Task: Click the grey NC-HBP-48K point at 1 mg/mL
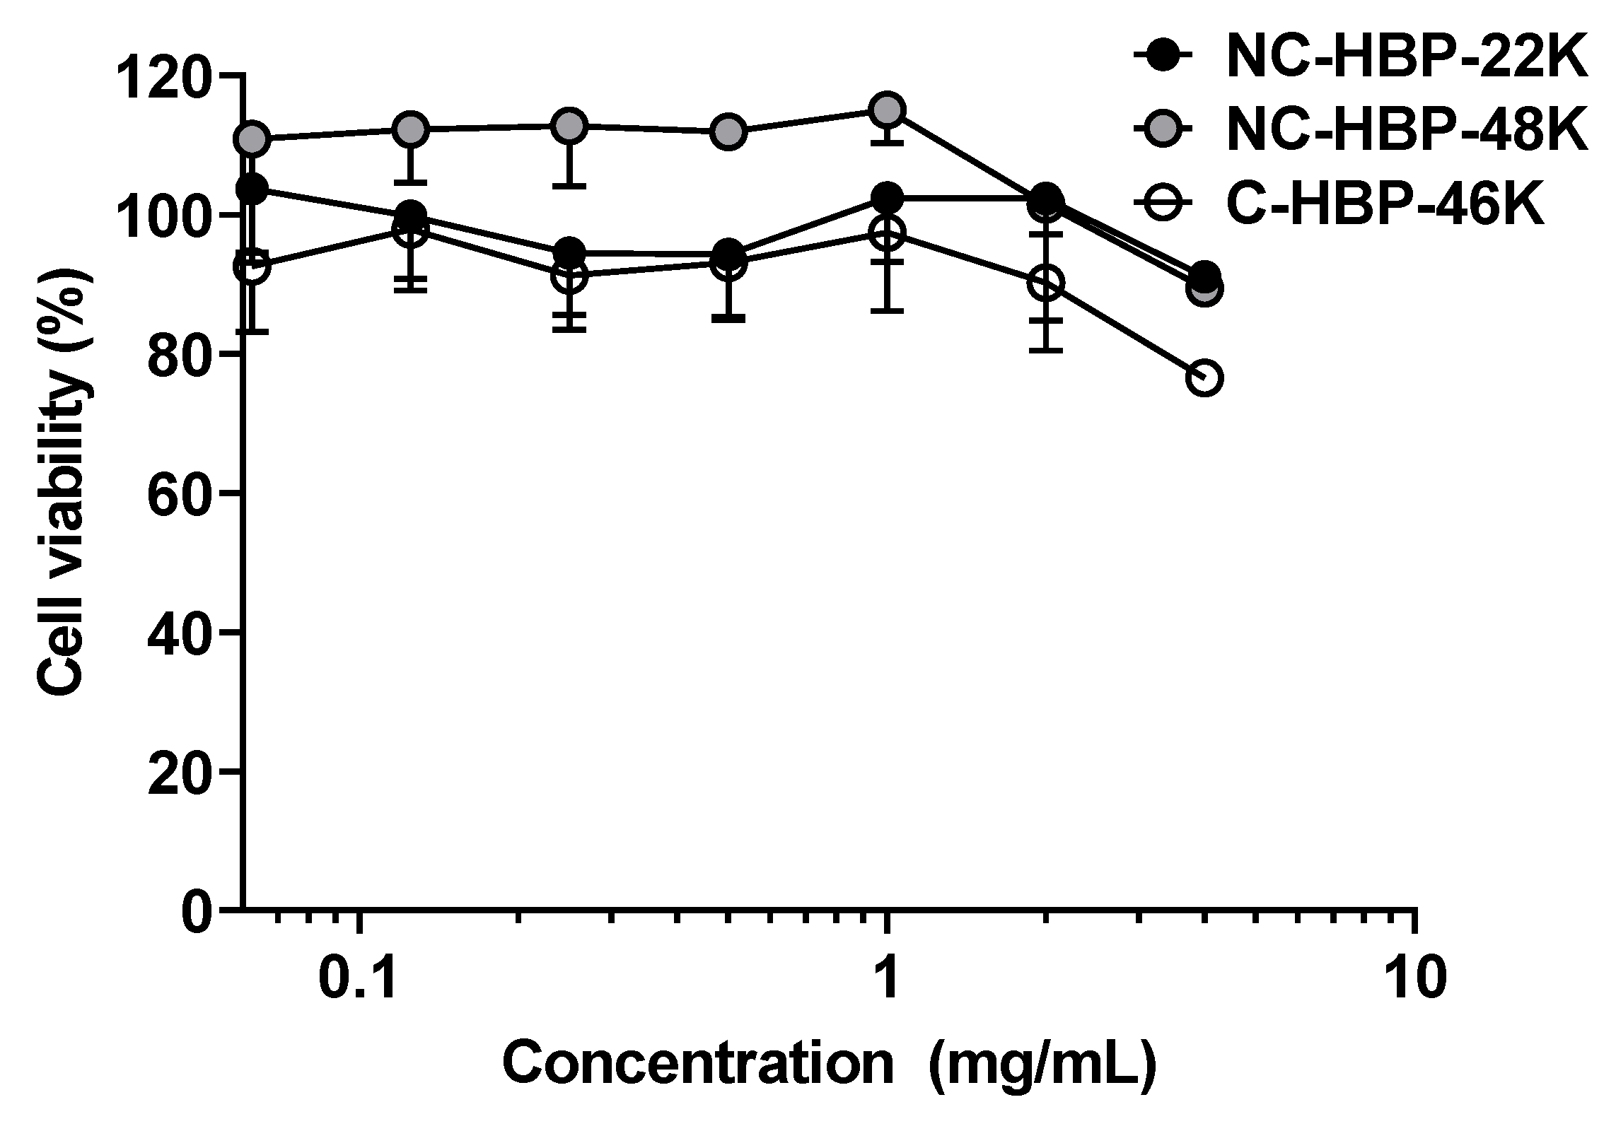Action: point(887,109)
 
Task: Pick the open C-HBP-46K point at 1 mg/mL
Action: point(887,233)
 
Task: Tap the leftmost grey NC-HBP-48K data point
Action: point(254,139)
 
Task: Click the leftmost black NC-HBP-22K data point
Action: point(252,189)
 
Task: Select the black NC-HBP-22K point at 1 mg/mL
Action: point(887,198)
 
